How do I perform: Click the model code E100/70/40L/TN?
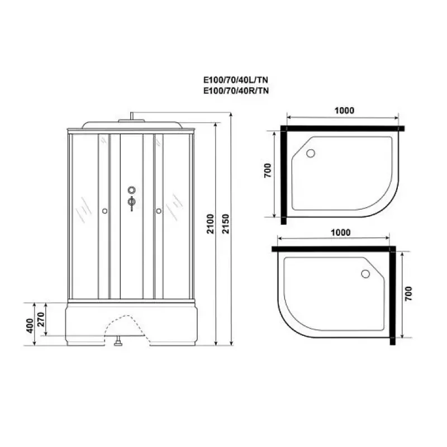coord(236,79)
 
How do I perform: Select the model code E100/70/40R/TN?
coord(236,91)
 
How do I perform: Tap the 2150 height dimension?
coord(226,224)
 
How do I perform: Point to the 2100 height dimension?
coord(211,224)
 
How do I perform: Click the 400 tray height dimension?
coord(30,326)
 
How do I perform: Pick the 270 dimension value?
coord(41,320)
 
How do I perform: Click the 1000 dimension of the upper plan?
coord(344,111)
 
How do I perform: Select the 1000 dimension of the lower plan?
coord(340,232)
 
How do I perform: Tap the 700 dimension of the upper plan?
coord(268,170)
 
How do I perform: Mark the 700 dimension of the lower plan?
coord(408,294)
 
